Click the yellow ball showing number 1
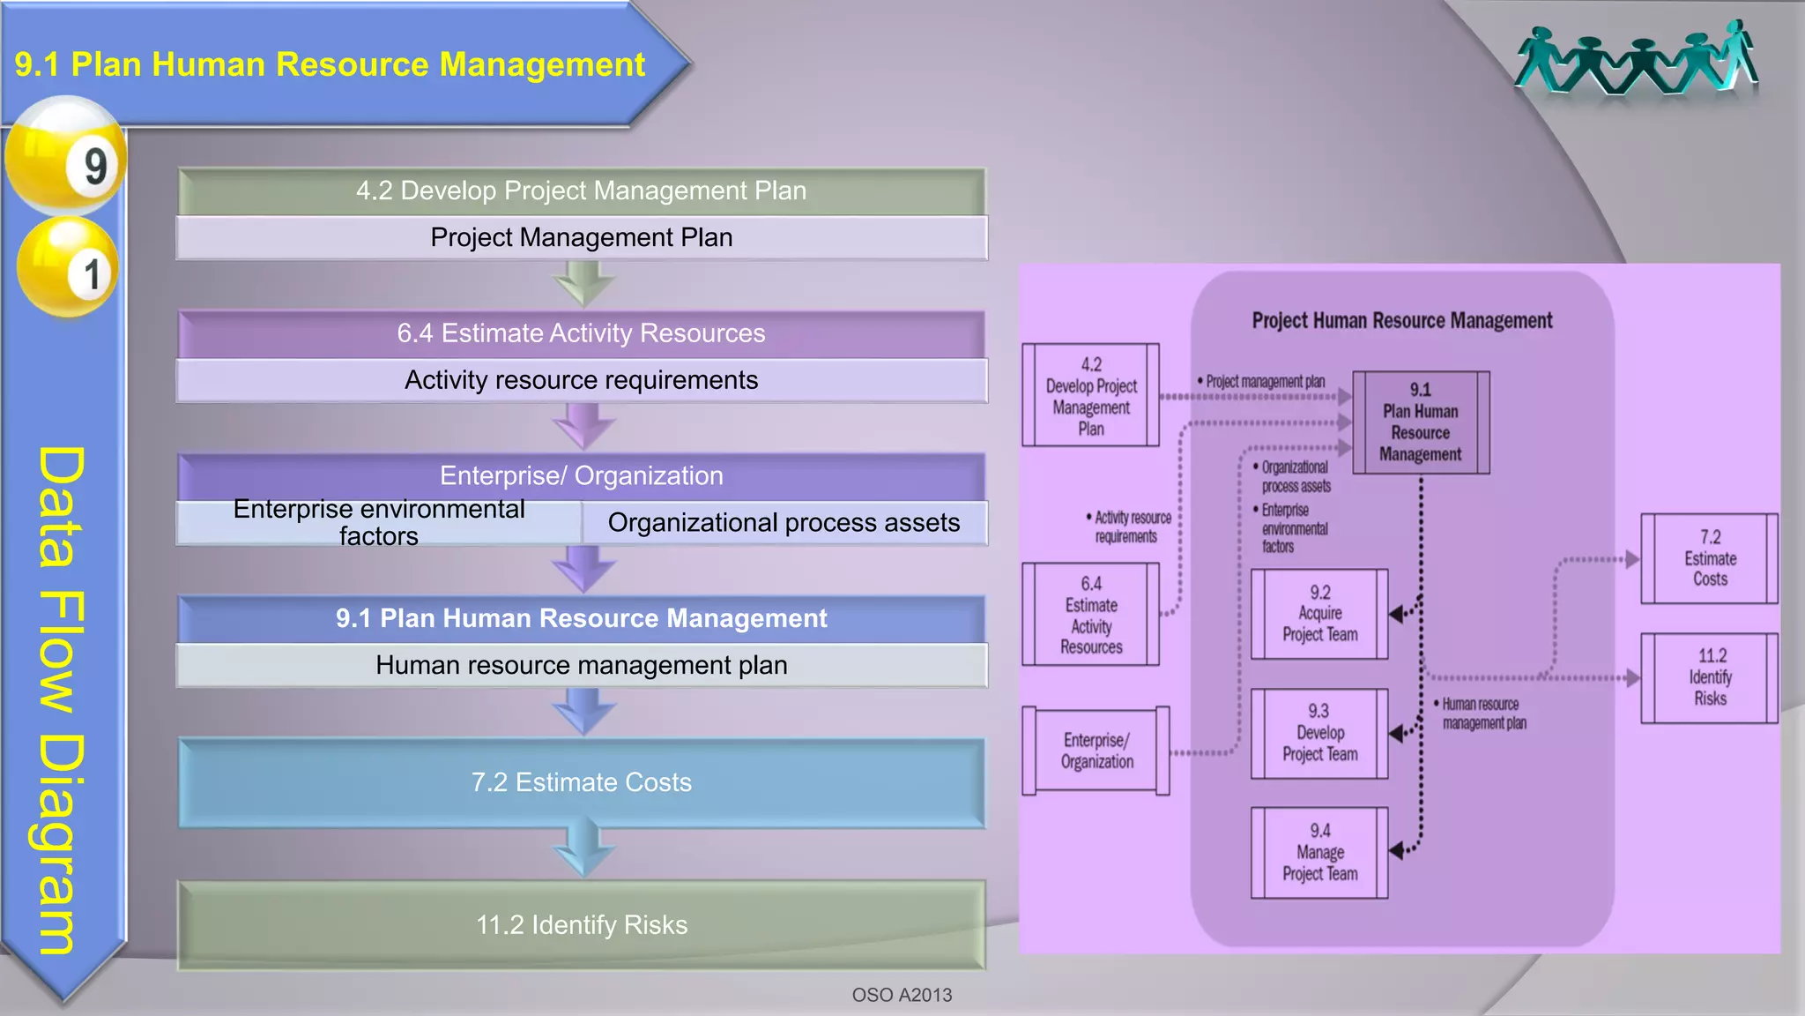tap(67, 267)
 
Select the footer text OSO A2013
tap(902, 995)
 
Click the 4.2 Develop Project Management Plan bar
tap(582, 190)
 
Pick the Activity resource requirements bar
tap(582, 380)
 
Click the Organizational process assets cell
tap(784, 523)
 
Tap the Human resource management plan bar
tap(582, 665)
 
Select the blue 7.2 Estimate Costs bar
tap(582, 782)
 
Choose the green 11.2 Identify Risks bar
tap(582, 925)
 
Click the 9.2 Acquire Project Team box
tap(1319, 614)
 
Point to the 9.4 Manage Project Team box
tap(1319, 853)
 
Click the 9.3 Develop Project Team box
tap(1319, 733)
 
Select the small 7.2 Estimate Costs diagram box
tap(1709, 558)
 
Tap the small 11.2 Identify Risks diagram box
tap(1709, 677)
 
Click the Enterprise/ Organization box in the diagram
tap(1096, 751)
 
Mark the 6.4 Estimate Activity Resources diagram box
tap(1090, 615)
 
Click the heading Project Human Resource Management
tap(1401, 321)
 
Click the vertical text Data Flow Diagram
tap(62, 700)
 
